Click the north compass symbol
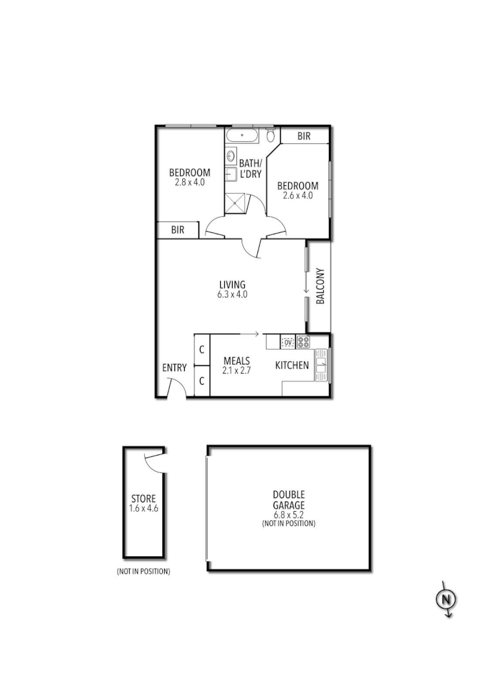coord(445,600)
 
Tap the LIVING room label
coord(233,285)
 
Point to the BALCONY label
coord(320,286)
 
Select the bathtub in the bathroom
coord(243,136)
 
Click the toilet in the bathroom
coord(271,136)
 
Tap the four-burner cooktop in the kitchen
coord(303,342)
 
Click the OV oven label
coord(288,342)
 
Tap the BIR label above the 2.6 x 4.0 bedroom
coord(304,136)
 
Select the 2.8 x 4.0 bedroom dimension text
coord(189,183)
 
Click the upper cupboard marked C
coord(202,350)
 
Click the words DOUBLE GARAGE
coord(288,500)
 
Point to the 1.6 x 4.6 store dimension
coord(143,509)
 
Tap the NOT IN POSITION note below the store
coord(143,572)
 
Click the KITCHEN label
coord(292,366)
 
